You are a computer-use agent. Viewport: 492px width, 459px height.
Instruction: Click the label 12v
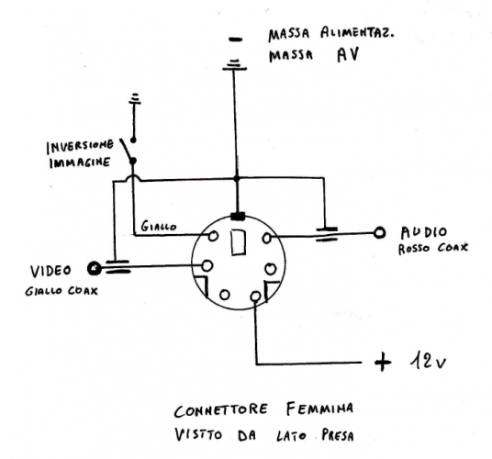tap(427, 362)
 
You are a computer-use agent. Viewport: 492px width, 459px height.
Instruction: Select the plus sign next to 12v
tap(383, 362)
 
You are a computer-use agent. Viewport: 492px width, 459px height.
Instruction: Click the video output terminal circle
tap(93, 268)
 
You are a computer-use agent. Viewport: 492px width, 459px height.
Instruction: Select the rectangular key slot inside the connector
tap(238, 243)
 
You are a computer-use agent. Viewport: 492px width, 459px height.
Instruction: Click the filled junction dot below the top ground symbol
tap(236, 178)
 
